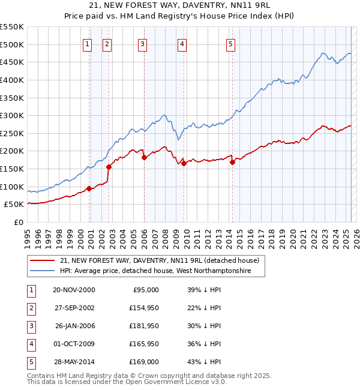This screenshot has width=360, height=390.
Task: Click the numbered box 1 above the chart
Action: [88, 43]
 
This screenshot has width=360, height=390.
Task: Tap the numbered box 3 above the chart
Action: [142, 43]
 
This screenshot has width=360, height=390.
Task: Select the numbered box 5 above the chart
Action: [231, 43]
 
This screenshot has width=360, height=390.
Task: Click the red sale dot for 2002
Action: [109, 167]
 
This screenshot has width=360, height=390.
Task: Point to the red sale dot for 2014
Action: [232, 162]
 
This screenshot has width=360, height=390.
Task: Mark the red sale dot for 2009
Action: [184, 163]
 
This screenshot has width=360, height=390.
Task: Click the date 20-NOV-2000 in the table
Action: [74, 289]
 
